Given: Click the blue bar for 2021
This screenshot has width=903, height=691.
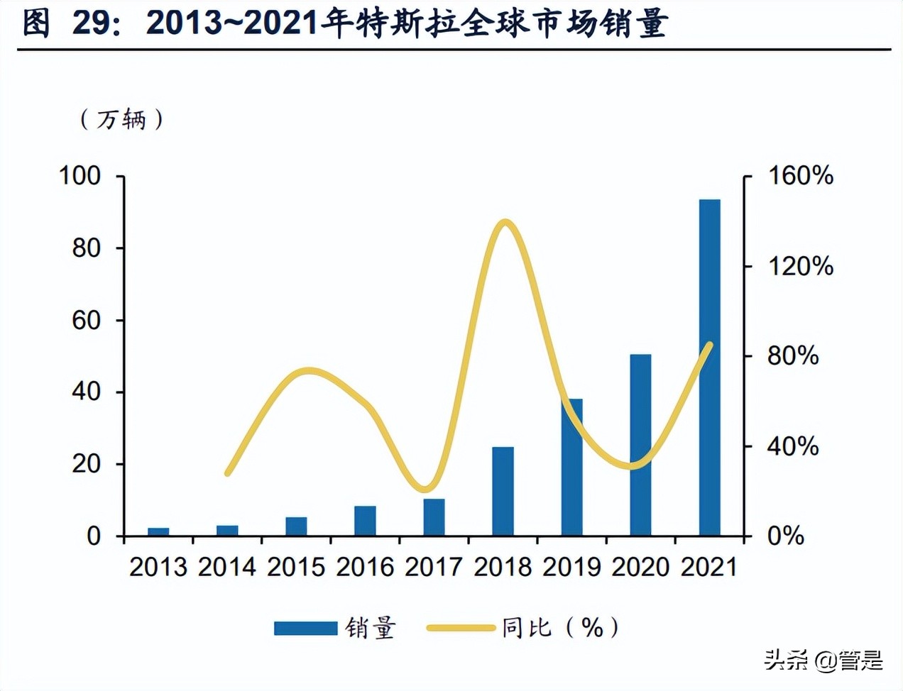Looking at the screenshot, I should click(709, 367).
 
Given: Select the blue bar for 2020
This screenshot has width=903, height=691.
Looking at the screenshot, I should click(640, 445).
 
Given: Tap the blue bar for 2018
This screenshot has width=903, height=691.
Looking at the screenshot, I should click(503, 491).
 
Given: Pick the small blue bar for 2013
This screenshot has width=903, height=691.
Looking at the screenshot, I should click(158, 531).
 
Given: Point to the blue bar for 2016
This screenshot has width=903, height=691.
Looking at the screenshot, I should click(365, 521).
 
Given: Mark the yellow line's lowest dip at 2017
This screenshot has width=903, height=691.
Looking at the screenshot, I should click(425, 488).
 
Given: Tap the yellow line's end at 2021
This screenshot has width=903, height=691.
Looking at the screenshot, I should click(709, 345).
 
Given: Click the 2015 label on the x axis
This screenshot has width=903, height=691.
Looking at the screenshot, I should click(296, 567).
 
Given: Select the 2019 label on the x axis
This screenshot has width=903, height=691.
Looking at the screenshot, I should click(571, 567).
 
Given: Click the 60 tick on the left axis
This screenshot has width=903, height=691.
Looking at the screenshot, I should click(87, 320).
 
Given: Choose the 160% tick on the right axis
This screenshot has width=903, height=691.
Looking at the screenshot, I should click(801, 175).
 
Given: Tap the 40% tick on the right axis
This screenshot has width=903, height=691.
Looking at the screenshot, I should click(792, 446).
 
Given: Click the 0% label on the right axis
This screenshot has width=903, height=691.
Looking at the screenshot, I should click(785, 536).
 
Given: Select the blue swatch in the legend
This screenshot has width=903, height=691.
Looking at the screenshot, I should click(305, 628).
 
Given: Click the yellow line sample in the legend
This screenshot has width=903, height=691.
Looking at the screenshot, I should click(461, 628).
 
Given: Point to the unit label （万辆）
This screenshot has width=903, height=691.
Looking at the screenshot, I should click(121, 119).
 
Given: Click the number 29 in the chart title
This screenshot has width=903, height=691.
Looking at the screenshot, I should click(93, 23).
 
